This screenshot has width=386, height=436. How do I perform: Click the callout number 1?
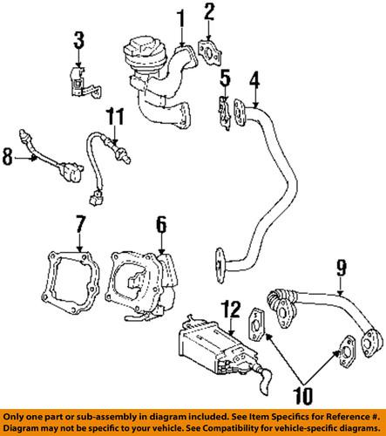181,19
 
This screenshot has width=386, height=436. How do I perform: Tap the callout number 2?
209,12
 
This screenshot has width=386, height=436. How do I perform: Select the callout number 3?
78,40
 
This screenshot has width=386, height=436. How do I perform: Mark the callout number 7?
79,224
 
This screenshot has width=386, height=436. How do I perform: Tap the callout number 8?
8,157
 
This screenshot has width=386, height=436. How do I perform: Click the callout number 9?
342,268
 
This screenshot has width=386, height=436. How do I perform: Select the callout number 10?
303,395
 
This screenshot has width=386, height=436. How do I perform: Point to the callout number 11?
115,117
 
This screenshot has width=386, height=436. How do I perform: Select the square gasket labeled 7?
71,283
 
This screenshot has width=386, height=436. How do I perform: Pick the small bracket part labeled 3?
85,82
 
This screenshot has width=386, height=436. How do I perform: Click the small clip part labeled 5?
224,113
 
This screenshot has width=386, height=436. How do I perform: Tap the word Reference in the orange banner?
347,416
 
